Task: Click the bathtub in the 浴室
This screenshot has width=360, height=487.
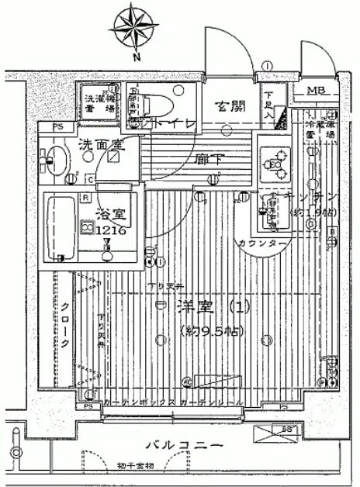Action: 60,229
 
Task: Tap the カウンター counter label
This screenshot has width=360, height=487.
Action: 260,243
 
